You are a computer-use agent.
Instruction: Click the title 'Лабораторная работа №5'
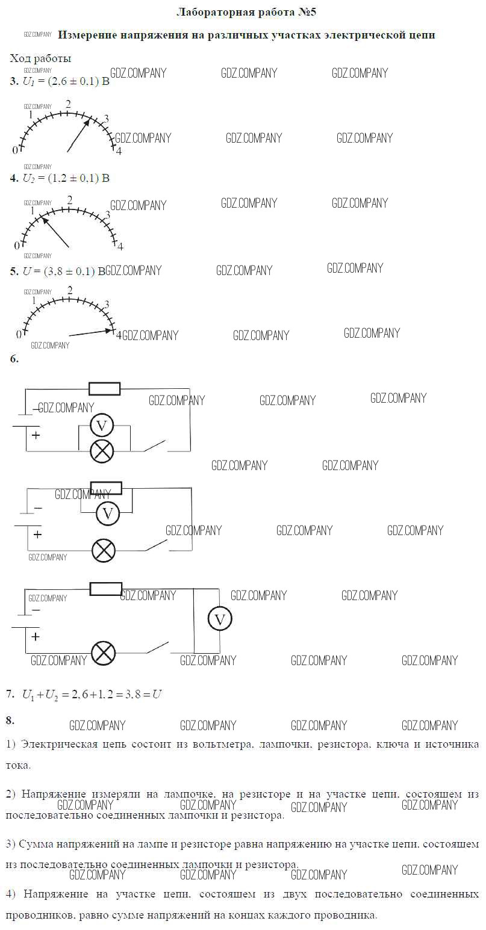click(246, 13)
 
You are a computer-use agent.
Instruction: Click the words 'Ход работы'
click(40, 58)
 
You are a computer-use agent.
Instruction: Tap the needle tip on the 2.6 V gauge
click(90, 119)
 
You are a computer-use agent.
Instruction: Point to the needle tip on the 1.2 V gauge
click(41, 216)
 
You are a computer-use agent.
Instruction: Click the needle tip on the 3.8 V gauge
click(114, 330)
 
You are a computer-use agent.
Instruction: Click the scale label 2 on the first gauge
click(69, 104)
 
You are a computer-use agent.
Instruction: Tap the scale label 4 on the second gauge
click(120, 247)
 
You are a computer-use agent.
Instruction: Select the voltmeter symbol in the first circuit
click(102, 426)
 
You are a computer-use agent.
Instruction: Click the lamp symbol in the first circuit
click(102, 451)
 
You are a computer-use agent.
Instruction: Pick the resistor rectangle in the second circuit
click(106, 488)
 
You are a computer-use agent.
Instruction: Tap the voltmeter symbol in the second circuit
click(108, 514)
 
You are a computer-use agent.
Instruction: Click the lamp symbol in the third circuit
click(104, 653)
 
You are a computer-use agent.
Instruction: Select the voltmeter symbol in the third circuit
click(220, 619)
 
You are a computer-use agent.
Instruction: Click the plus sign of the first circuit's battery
click(36, 435)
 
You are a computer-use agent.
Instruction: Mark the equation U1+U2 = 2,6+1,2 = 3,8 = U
click(92, 695)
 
